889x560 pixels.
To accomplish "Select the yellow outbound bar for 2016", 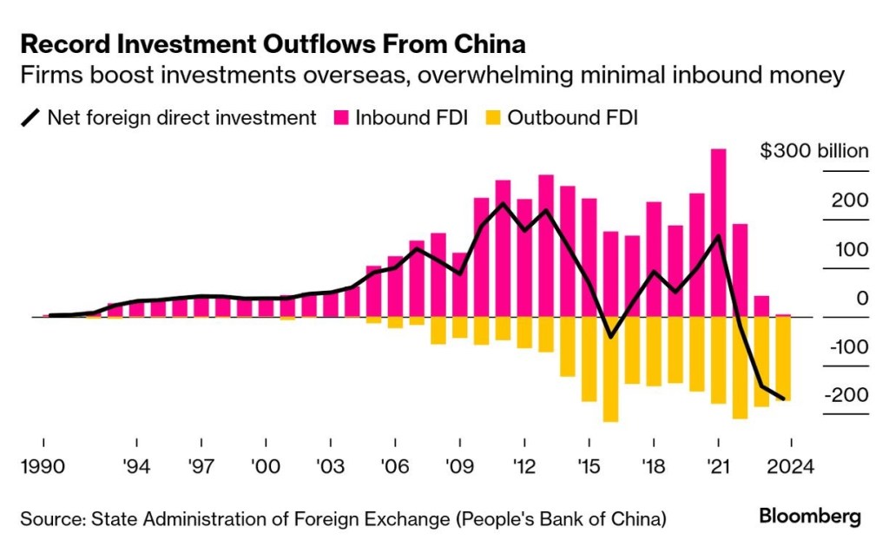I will click(x=610, y=369).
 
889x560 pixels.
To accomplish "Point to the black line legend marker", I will click(x=30, y=117).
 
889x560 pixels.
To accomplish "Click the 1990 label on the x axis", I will click(x=43, y=466).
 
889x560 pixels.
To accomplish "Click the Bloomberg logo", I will click(x=809, y=517).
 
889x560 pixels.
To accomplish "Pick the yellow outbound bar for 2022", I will click(x=740, y=367).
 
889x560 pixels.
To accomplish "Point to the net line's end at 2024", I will click(x=783, y=399).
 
